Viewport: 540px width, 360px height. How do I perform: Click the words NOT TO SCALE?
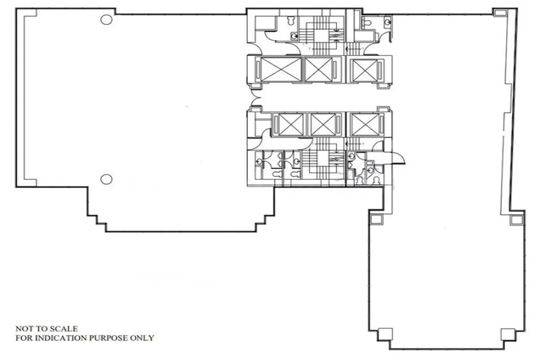[46, 329]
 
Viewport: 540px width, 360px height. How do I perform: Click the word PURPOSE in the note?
[109, 338]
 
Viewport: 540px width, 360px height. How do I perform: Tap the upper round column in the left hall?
[106, 20]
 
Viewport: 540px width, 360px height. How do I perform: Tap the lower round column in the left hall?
[106, 179]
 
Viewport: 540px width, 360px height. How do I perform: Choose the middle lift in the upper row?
[319, 70]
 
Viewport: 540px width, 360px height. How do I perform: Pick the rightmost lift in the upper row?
[364, 70]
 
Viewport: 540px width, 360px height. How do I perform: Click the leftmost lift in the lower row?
[290, 124]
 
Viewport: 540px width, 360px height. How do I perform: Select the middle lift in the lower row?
[323, 124]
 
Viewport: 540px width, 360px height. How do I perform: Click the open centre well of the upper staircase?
[321, 36]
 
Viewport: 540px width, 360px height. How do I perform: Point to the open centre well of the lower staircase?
[323, 159]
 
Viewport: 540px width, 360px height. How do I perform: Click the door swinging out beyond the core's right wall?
[398, 159]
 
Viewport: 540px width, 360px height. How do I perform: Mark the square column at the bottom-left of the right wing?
[385, 334]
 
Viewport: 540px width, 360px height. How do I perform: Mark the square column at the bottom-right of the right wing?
[508, 334]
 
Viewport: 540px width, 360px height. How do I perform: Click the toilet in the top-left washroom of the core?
[292, 20]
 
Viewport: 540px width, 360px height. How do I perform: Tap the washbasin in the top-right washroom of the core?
[388, 22]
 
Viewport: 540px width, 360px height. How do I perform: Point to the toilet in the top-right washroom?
[366, 23]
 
